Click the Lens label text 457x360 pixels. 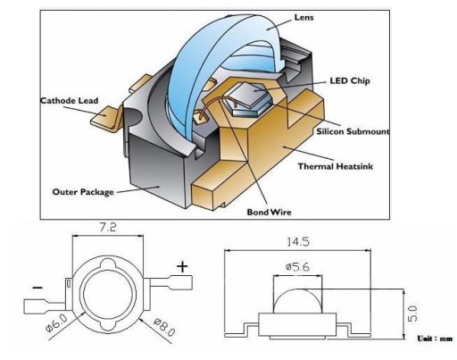click(303, 18)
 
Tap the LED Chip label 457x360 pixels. click(350, 81)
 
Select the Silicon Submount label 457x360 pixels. click(353, 131)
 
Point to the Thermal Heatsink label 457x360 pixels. click(336, 166)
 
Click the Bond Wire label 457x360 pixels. click(270, 212)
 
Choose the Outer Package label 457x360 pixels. click(83, 192)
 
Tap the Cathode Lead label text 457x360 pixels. click(70, 101)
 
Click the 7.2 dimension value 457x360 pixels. click(107, 228)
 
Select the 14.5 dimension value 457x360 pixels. click(298, 241)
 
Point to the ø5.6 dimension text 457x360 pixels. click(297, 267)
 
